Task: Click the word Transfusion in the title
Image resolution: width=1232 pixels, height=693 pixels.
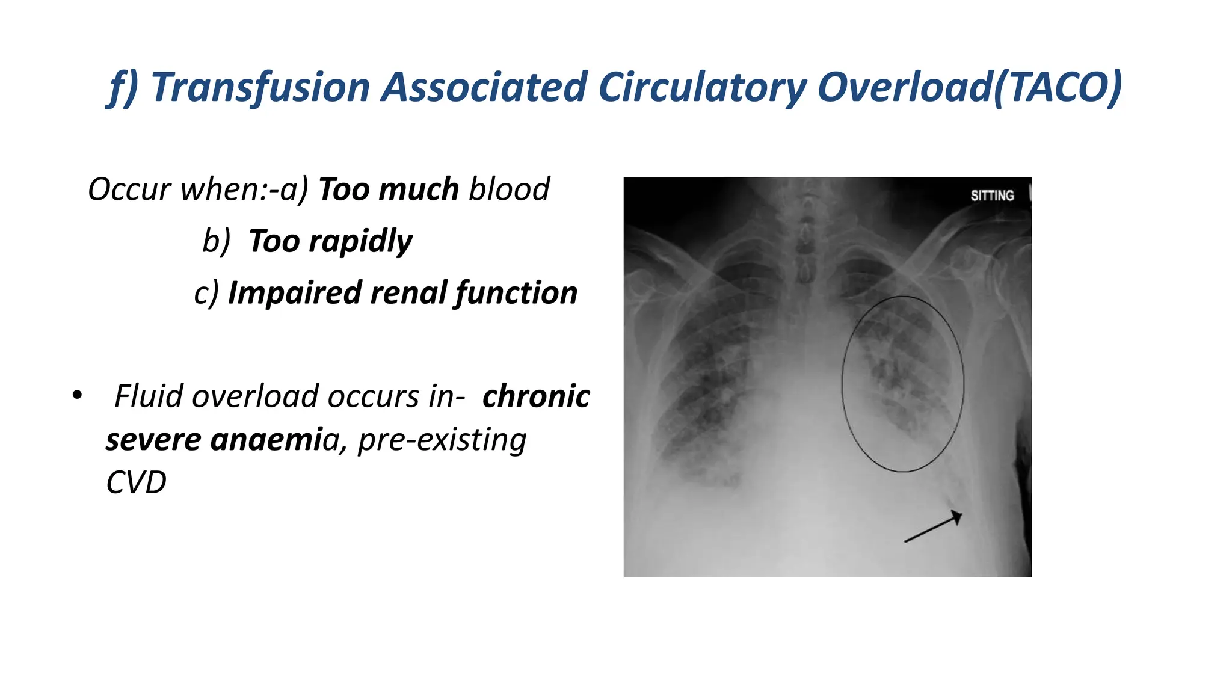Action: tap(260, 88)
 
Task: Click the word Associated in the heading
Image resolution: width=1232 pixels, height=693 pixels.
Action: tap(485, 88)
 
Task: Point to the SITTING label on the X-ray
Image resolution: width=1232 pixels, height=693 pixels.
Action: tap(992, 196)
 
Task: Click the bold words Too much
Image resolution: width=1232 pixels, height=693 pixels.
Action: tap(389, 189)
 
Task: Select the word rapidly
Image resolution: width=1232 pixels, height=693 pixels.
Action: tap(360, 242)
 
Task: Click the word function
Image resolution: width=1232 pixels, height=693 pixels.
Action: tap(516, 294)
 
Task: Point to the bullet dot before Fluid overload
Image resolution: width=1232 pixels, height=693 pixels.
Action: tap(77, 395)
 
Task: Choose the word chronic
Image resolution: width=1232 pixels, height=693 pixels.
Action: tap(535, 396)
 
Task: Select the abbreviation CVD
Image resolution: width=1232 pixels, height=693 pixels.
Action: tap(136, 483)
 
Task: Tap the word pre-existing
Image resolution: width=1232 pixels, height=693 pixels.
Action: tap(442, 440)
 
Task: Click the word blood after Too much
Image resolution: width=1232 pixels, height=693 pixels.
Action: tap(509, 189)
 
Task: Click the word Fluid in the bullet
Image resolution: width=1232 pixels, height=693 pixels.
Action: tap(149, 396)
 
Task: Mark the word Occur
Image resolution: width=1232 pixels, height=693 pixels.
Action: tap(130, 189)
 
